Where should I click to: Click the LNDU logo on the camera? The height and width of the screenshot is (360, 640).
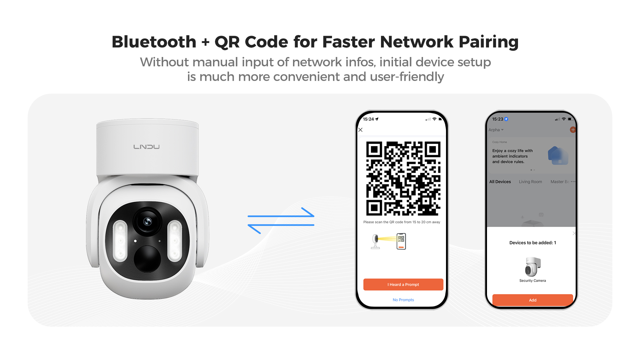(x=146, y=147)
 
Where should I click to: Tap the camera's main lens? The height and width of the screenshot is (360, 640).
(x=147, y=221)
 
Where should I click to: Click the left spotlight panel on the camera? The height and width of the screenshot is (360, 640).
(x=120, y=240)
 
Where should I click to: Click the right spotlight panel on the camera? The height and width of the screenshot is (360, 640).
(x=174, y=240)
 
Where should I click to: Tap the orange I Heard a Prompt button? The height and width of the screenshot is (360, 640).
(x=403, y=284)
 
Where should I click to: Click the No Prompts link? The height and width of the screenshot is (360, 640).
(x=403, y=300)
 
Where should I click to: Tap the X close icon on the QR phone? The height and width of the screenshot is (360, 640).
(x=360, y=130)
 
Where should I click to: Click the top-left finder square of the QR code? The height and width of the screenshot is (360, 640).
(x=374, y=150)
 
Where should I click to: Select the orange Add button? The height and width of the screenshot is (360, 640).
(x=533, y=300)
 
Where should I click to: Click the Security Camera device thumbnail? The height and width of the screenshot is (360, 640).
(x=533, y=267)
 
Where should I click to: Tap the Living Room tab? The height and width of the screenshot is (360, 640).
(x=530, y=182)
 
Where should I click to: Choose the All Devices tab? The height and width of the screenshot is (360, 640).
(x=500, y=182)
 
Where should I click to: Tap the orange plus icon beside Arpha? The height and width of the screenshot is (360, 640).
(x=573, y=130)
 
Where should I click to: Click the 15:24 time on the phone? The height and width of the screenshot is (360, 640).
(x=368, y=119)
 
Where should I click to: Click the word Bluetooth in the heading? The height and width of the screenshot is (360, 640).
(x=154, y=42)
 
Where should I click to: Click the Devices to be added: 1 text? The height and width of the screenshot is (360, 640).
(x=533, y=243)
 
